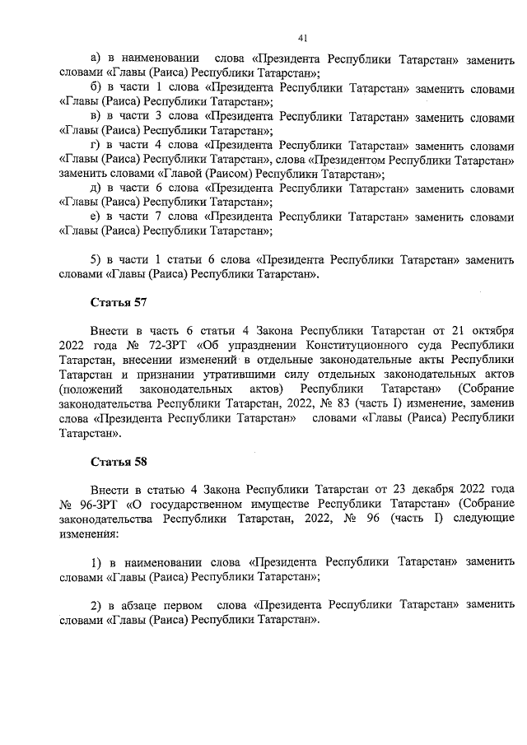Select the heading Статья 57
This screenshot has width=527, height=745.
[114, 303]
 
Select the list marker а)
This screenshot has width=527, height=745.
[95, 59]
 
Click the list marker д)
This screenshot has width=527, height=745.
[96, 189]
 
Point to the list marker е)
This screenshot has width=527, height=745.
[96, 217]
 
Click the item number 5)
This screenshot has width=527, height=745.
[96, 260]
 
